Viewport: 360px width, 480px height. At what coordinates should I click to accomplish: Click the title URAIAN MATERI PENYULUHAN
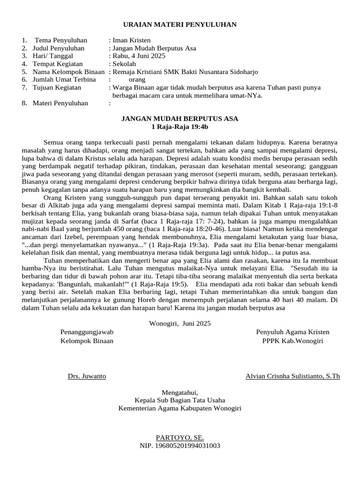click(x=180, y=24)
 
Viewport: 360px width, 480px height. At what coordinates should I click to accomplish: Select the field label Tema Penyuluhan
click(x=60, y=40)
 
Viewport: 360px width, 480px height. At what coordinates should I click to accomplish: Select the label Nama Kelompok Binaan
click(x=68, y=72)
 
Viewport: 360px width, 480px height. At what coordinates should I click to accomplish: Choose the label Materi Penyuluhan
click(x=60, y=103)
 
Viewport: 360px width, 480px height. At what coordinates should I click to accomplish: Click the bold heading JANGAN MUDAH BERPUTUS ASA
click(x=180, y=119)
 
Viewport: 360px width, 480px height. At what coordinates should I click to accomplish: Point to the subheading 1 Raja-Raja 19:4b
click(x=180, y=127)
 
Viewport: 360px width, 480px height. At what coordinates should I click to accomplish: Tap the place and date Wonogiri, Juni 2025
click(x=180, y=323)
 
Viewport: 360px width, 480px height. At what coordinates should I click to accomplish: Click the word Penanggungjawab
click(x=87, y=332)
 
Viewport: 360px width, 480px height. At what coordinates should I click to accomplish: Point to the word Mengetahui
click(x=180, y=392)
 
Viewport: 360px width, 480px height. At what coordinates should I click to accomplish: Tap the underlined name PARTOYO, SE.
click(x=180, y=437)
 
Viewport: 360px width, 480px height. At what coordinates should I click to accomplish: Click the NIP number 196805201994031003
click(x=180, y=446)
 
